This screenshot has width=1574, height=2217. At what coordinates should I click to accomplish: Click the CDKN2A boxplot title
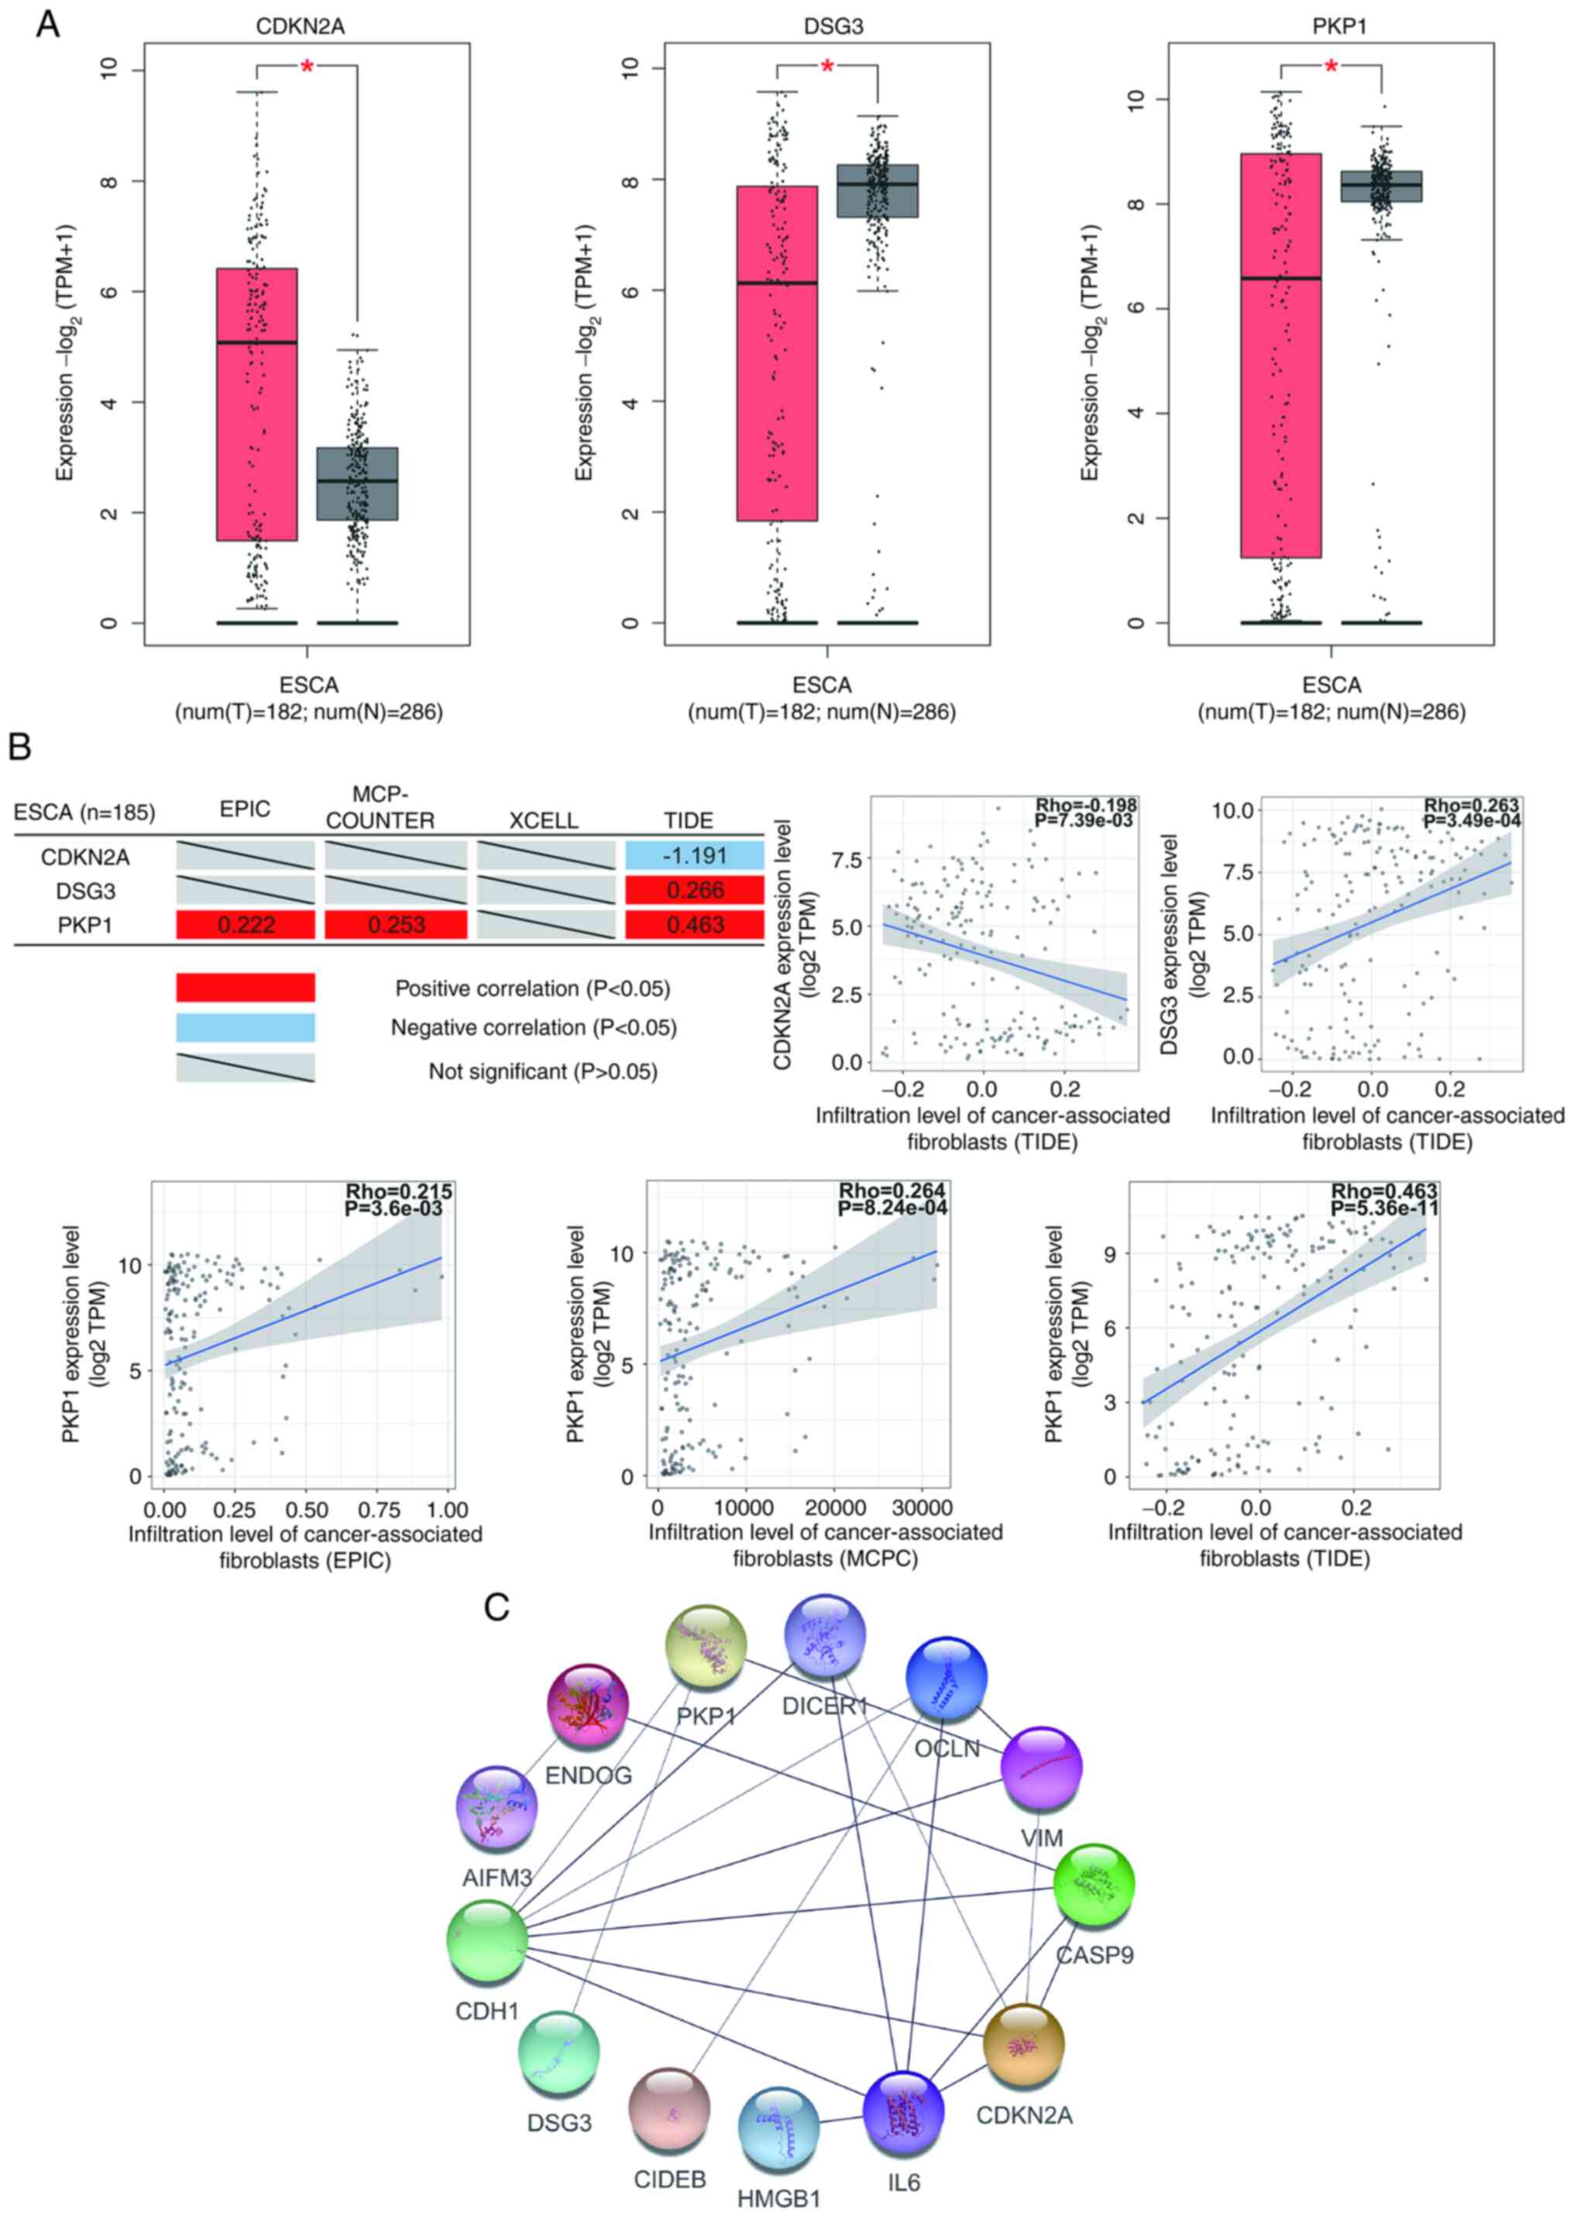coord(300,26)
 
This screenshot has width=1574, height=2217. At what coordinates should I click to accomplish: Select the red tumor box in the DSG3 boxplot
coord(776,354)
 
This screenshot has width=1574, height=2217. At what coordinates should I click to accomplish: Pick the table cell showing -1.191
coord(694,857)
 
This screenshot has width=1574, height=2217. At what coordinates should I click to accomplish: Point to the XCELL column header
coord(544,820)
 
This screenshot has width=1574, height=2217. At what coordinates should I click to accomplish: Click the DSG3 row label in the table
coord(85,892)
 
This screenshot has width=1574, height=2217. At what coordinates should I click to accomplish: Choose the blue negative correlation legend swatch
coord(246,1027)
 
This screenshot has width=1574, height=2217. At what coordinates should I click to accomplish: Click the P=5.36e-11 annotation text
coord(1384,1208)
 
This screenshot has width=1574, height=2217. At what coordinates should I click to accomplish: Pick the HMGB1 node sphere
coord(778,2128)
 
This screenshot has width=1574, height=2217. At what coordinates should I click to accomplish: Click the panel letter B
coord(19,746)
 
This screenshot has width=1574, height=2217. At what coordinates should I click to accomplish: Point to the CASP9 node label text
coord(1095,1954)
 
